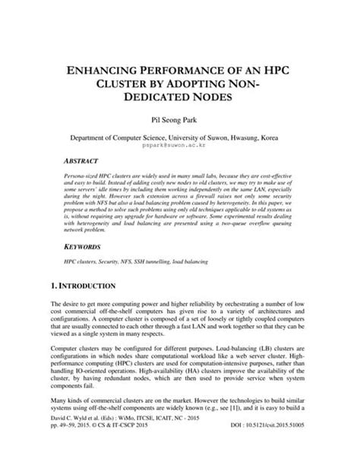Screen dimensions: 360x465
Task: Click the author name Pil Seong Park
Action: click(x=181, y=119)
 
